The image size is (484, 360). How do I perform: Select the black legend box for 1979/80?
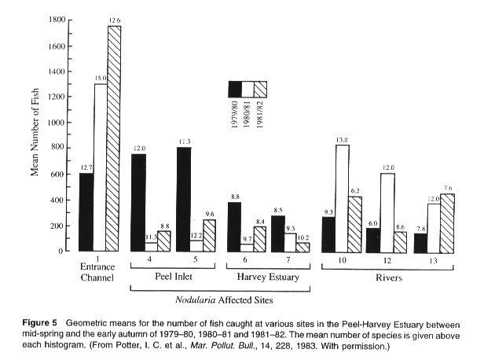234,89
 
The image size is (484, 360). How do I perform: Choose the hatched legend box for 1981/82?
261,89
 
